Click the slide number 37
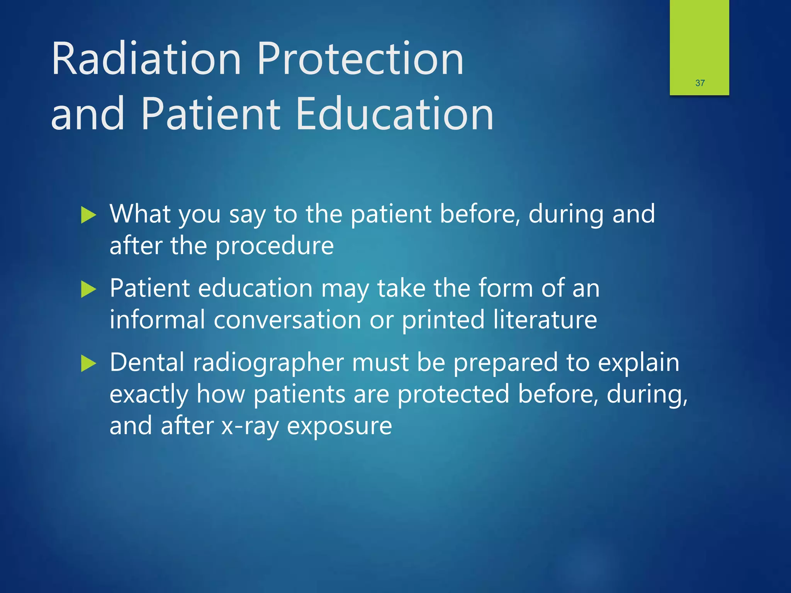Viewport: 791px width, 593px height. coord(700,83)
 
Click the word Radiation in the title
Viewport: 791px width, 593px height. coord(146,59)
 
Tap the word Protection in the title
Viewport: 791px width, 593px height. coord(360,59)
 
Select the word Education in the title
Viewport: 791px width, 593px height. coord(395,114)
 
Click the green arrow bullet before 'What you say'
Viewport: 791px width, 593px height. coord(88,215)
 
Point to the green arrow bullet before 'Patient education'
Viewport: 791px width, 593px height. coord(88,289)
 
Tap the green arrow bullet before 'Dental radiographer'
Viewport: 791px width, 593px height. coord(88,364)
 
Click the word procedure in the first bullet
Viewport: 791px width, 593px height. coord(274,246)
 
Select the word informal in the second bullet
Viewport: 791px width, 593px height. coord(157,320)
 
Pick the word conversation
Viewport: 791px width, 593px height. coord(287,320)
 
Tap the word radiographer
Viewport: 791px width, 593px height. coord(268,363)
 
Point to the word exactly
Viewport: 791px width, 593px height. coord(149,395)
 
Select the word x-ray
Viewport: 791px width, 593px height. coord(250,426)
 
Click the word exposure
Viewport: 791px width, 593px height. coord(339,426)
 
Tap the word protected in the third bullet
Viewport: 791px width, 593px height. coord(453,395)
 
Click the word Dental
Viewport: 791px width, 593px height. coord(147,363)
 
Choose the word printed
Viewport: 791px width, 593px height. coord(443,320)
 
